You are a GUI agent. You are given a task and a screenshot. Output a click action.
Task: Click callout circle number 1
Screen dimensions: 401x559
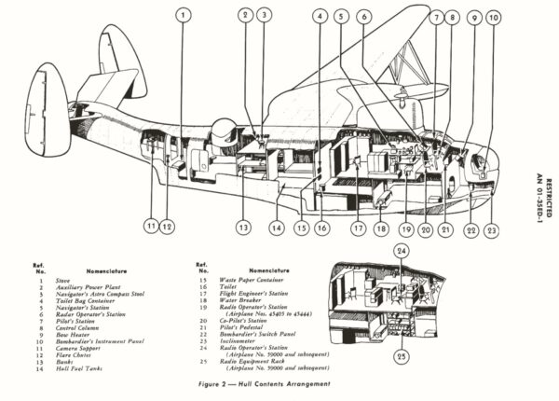click(183, 16)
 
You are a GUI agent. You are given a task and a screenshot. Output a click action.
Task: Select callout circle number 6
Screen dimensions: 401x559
click(363, 16)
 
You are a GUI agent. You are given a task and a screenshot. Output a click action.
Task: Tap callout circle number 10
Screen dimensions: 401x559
click(493, 17)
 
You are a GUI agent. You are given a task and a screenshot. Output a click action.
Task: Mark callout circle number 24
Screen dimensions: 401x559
click(401, 250)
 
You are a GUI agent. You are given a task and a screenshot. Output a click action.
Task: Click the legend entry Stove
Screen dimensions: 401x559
click(62, 278)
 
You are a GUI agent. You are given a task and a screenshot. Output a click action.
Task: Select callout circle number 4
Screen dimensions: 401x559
click(320, 16)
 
